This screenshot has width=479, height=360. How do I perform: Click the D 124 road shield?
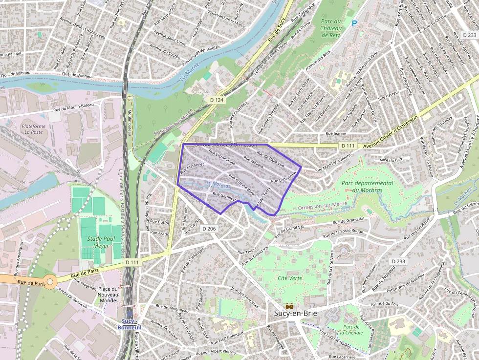(x=216, y=100)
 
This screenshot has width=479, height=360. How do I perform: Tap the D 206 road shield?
(x=208, y=229)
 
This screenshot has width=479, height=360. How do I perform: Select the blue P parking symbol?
(x=354, y=23)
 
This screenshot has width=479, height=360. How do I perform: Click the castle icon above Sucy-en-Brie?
(x=289, y=306)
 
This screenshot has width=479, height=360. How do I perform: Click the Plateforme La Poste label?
(x=34, y=129)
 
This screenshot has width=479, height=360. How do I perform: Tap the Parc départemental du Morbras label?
(x=367, y=187)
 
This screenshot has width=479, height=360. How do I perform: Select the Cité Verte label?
(x=289, y=278)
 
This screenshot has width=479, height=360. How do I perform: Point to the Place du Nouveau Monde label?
(x=107, y=294)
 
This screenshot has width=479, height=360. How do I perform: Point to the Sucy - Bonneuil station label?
(x=129, y=324)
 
